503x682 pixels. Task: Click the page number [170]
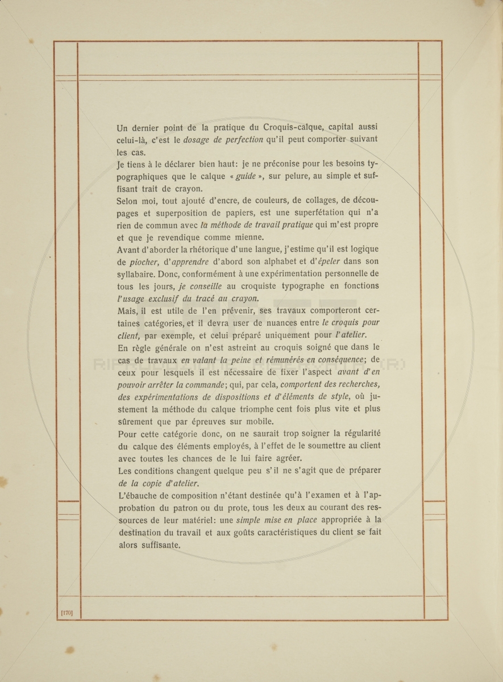[x=67, y=613]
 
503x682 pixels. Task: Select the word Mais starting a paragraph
[x=126, y=310]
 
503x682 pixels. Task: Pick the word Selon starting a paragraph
[x=128, y=201]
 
